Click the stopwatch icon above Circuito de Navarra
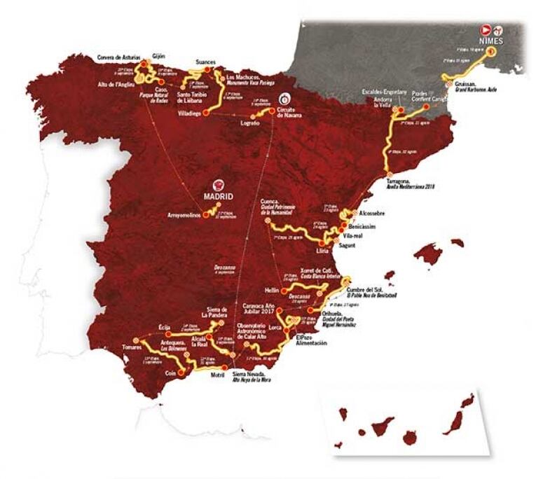click(x=284, y=99)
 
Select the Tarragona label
click(x=399, y=180)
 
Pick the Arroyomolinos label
click(x=179, y=214)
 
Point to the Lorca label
click(x=275, y=327)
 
